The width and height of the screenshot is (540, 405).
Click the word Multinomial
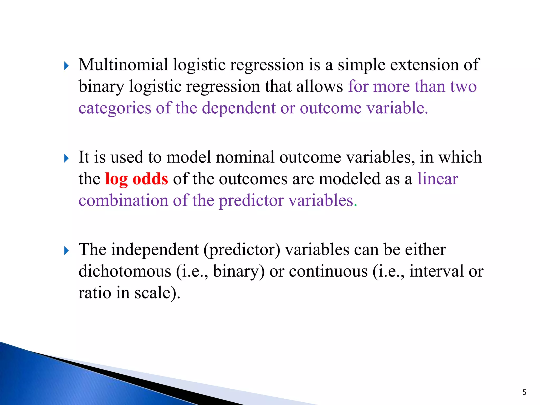pyautogui.click(x=123, y=65)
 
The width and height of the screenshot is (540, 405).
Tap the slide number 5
pyautogui.click(x=524, y=392)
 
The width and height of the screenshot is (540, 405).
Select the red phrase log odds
pyautogui.click(x=136, y=179)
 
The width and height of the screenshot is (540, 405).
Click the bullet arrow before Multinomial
pyautogui.click(x=66, y=66)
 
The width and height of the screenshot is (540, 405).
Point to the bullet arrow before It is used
pyautogui.click(x=66, y=158)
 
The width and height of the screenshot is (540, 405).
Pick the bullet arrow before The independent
pyautogui.click(x=66, y=251)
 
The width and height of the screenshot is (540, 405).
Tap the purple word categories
pyautogui.click(x=115, y=108)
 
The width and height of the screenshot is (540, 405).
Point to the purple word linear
pyautogui.click(x=438, y=179)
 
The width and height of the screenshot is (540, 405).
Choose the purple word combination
pyautogui.click(x=123, y=200)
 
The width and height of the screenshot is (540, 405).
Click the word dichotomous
pyautogui.click(x=125, y=271)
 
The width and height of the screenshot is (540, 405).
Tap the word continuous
pyautogui.click(x=328, y=271)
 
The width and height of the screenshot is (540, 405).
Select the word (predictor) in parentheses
pyautogui.click(x=242, y=250)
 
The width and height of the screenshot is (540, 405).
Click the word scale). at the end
pyautogui.click(x=157, y=293)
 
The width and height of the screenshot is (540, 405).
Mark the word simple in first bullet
pyautogui.click(x=361, y=65)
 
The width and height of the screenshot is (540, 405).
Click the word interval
pyautogui.click(x=436, y=271)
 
